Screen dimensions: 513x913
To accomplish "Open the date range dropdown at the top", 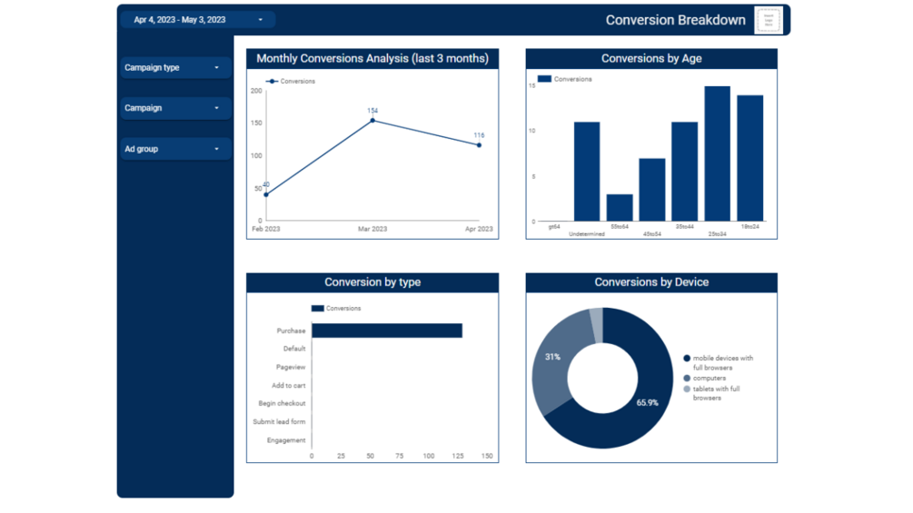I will coord(197,20).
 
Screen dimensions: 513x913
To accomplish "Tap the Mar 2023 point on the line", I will coord(372,121).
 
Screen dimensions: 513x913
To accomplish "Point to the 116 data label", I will coord(479,136).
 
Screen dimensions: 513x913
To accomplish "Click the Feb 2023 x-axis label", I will coord(266,229).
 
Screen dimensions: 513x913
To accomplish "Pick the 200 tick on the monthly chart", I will coord(256,91).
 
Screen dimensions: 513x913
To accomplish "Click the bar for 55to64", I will coord(620,207).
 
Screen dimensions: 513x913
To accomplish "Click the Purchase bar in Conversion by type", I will coord(387,330).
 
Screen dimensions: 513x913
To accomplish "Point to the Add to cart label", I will coord(288,386).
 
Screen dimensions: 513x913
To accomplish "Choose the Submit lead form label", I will coord(279,422).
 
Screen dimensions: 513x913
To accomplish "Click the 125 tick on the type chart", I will coord(459,457).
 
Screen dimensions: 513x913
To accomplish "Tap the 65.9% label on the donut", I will coord(648,402).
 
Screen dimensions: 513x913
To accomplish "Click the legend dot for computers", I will coord(687,379).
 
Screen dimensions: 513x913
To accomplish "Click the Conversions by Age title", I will coord(651,59).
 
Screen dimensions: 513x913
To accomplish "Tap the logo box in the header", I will coord(769,20).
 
